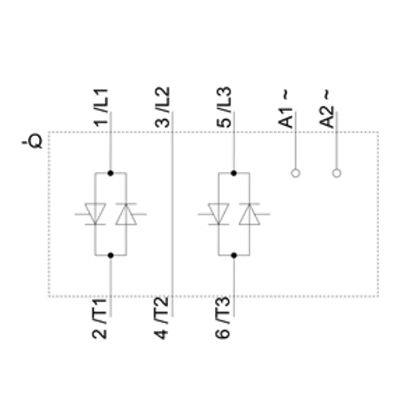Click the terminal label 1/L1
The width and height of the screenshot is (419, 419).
(x=101, y=107)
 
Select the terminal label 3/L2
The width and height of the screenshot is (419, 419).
(x=162, y=107)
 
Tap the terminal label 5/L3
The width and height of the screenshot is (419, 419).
(x=224, y=107)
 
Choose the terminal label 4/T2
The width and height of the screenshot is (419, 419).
(x=161, y=318)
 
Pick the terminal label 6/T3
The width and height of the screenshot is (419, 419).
(x=222, y=317)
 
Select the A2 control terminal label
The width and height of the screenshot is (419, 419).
(x=326, y=117)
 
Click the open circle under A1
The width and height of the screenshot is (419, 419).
(x=295, y=173)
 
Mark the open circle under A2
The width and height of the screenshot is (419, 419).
(x=337, y=173)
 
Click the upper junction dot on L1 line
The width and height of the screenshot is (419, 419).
(x=111, y=173)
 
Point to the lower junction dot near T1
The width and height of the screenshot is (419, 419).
(x=111, y=255)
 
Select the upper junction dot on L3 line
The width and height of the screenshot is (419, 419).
(x=234, y=173)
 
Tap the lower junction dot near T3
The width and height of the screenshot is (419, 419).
(x=234, y=255)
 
